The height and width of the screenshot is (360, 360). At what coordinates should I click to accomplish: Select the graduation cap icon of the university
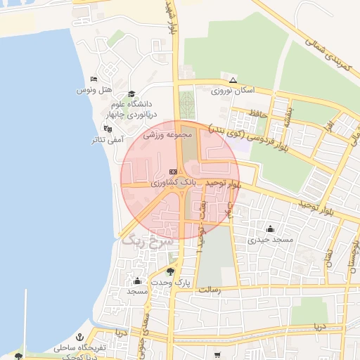pyautogui.click(x=131, y=94)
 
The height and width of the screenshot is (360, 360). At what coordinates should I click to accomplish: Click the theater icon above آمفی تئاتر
pyautogui.click(x=107, y=129)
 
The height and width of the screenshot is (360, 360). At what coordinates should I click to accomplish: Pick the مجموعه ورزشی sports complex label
pyautogui.click(x=162, y=134)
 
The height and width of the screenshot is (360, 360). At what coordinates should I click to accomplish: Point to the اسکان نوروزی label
pyautogui.click(x=233, y=90)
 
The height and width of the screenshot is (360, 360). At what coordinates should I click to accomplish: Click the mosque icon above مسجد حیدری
pyautogui.click(x=270, y=229)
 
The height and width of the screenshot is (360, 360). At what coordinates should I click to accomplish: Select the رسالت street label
pyautogui.click(x=210, y=288)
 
